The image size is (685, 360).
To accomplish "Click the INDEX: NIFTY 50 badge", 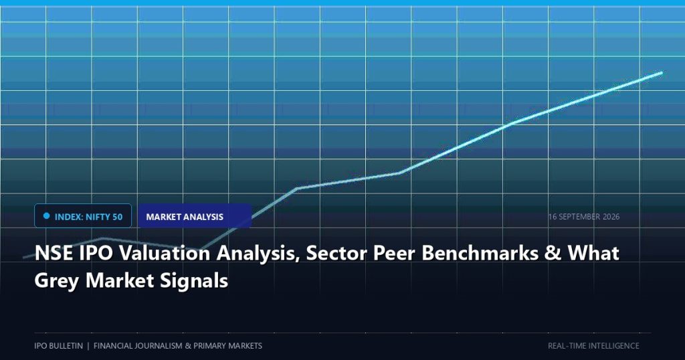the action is coord(83,216).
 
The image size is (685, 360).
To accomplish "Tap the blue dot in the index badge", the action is coord(46,216).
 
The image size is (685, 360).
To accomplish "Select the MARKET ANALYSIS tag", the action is coord(195,216).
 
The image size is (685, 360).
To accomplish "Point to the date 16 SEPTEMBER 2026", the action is coord(583,217).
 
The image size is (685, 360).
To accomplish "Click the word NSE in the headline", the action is coord(54,254).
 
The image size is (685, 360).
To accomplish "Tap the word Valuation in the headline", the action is coord(165,254).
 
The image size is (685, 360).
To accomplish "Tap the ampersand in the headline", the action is coord(553,254).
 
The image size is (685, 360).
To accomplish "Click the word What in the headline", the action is coord(593,254).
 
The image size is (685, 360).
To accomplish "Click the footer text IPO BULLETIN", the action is coord(59,345).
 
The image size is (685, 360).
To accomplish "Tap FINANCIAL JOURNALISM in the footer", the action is coord(138,345).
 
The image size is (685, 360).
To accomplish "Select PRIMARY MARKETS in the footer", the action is coord(227,345).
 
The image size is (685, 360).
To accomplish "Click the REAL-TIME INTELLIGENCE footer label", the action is coord(593,345).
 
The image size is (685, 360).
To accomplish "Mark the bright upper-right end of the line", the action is coord(662,73).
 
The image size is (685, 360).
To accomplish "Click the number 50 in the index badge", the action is coord(117,217).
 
